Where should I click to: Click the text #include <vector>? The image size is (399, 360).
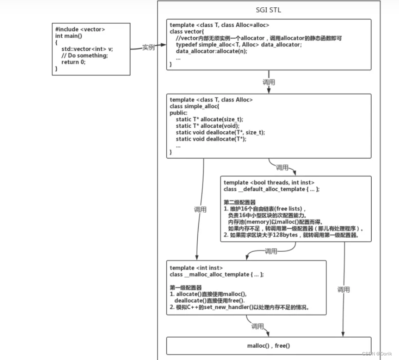tap(80, 30)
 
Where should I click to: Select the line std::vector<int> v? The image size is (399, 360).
tap(87, 49)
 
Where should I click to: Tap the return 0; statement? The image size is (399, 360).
tap(73, 62)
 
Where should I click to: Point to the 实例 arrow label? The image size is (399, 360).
tap(149, 47)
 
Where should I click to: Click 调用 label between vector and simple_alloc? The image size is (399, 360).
tap(269, 83)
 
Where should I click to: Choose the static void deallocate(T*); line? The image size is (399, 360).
tap(212, 139)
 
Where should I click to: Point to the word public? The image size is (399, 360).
tap(178, 113)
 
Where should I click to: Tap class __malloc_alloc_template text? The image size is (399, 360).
tap(216, 275)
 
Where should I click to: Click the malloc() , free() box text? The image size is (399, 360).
tap(268, 346)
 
